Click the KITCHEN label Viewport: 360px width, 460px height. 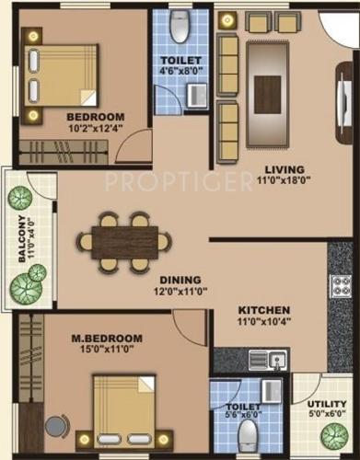[264, 310]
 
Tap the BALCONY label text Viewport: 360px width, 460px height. [19, 238]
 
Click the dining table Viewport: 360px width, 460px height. [124, 242]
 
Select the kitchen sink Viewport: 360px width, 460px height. [276, 359]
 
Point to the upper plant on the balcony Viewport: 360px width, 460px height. [20, 198]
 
